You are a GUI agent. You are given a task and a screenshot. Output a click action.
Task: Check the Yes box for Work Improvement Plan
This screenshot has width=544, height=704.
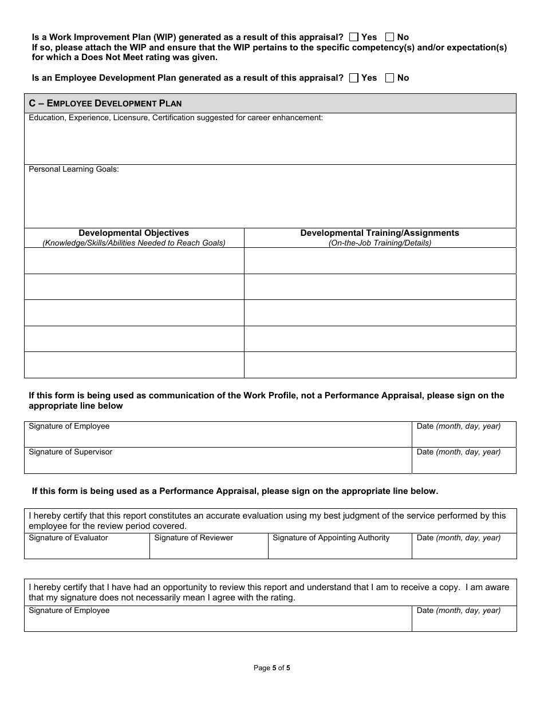click(353, 37)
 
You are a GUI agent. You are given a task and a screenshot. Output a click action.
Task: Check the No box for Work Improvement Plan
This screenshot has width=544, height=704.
click(390, 37)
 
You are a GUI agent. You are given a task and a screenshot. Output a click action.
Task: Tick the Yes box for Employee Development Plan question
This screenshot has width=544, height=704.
click(353, 78)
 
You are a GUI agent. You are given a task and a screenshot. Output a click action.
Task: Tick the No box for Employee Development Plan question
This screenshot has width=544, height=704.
click(390, 78)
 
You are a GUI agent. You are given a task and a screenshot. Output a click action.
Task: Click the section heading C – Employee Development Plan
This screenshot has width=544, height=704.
click(105, 104)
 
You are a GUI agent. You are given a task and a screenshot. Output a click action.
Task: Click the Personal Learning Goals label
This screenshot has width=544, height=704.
click(74, 169)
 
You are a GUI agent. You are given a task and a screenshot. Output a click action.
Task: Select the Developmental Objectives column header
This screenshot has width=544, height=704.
click(133, 233)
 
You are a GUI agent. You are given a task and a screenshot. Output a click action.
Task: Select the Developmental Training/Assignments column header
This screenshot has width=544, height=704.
click(380, 233)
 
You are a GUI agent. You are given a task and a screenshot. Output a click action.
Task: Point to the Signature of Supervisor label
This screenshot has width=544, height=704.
click(70, 452)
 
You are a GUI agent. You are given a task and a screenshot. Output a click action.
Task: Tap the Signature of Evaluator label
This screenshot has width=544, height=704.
click(68, 538)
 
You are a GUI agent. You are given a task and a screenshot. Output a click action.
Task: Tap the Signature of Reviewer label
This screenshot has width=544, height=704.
click(194, 538)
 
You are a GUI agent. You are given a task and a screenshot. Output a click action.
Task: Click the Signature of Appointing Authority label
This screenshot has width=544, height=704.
click(331, 538)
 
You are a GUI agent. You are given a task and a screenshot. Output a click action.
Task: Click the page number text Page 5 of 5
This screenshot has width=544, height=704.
click(272, 667)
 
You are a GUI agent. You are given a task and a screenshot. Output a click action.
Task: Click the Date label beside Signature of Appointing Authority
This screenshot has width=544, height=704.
click(458, 538)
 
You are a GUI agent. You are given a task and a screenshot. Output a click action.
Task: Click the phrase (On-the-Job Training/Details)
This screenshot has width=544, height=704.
click(380, 243)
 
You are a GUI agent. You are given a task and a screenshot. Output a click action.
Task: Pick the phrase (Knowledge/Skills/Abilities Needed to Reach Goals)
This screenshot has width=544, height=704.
click(133, 243)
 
